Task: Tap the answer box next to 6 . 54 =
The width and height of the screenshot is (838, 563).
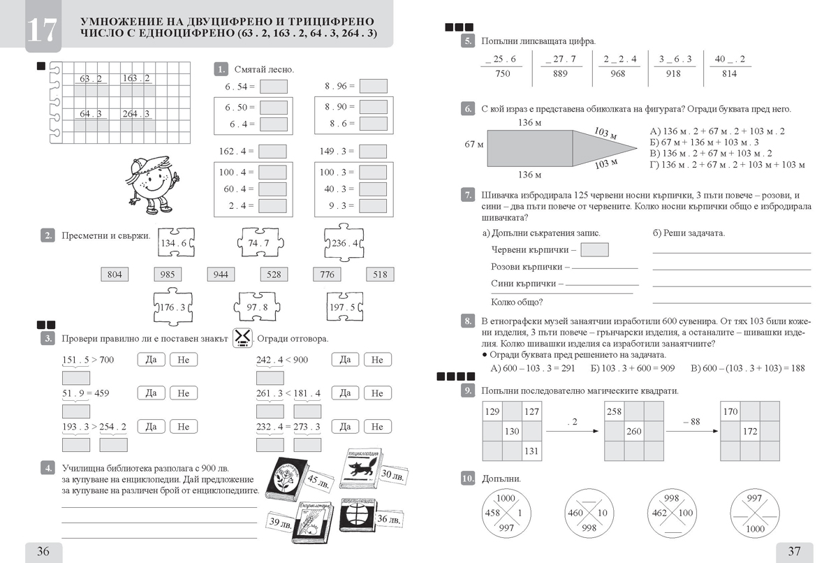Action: (273, 87)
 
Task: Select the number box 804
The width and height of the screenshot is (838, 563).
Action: (115, 275)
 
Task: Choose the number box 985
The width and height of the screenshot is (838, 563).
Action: (168, 275)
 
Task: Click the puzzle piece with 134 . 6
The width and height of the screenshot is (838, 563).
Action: (175, 244)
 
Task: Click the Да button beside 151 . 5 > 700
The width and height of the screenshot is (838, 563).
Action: (151, 360)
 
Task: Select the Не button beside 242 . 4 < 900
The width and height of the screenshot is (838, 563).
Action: (377, 360)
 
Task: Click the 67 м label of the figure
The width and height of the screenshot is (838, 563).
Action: (474, 145)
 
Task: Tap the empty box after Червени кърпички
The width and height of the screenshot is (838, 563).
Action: (594, 249)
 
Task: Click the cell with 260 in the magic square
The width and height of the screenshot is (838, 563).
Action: (633, 431)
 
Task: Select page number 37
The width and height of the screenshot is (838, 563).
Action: (794, 551)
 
